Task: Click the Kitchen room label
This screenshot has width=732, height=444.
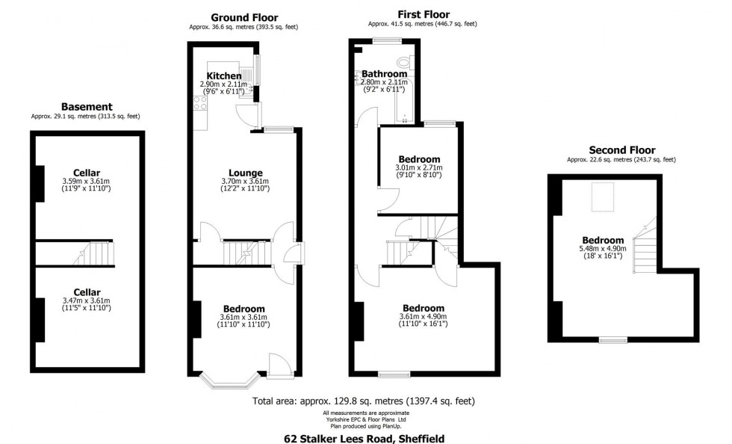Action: [224, 76]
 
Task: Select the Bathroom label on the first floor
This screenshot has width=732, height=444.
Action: [385, 74]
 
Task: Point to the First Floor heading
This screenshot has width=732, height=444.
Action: [422, 14]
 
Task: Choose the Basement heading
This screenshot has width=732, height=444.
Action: [87, 107]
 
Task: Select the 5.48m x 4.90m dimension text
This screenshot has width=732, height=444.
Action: [604, 250]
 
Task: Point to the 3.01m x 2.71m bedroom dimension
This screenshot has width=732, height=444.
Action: [418, 168]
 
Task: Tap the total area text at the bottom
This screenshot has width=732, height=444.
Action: [364, 401]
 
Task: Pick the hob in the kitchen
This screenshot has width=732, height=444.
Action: [201, 104]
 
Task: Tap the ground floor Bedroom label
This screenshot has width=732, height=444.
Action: [244, 309]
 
